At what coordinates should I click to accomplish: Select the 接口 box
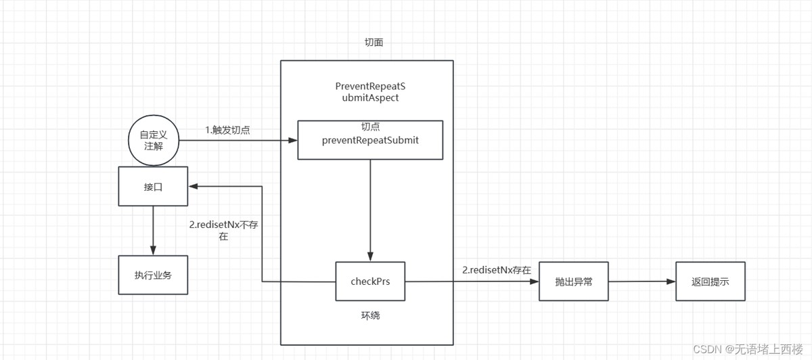[153, 186]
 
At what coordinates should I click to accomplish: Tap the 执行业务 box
[153, 275]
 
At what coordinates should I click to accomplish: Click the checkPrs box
[369, 281]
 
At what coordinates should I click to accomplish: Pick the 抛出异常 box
[573, 281]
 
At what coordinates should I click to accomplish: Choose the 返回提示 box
[710, 281]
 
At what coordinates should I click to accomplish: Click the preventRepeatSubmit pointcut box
[370, 140]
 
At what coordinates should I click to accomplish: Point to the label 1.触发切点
[228, 130]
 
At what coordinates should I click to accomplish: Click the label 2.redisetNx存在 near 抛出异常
[496, 270]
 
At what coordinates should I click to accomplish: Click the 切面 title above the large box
[374, 43]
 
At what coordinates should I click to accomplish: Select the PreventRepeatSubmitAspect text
[370, 92]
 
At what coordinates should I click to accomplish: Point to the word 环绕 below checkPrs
[369, 315]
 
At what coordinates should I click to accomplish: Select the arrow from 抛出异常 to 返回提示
[641, 281]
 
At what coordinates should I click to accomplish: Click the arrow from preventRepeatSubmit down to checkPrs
[370, 210]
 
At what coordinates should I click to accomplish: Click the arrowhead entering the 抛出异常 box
[534, 281]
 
